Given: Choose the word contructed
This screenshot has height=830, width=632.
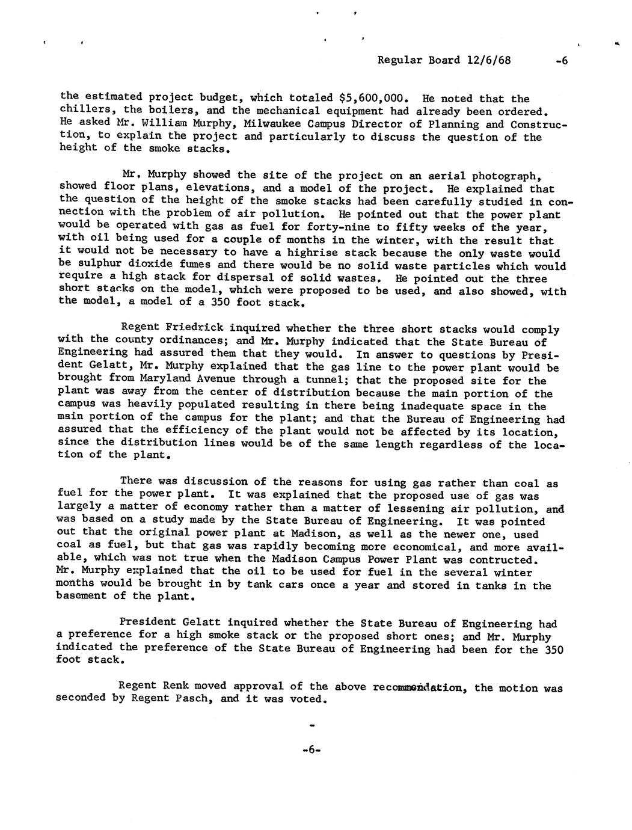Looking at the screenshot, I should tap(502, 559).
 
